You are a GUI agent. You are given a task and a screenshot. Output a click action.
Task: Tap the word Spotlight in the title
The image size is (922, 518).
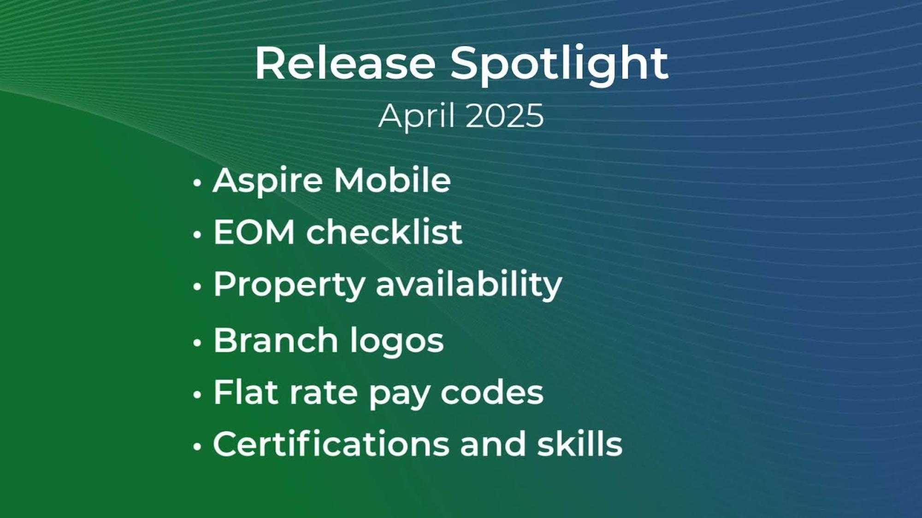(x=559, y=64)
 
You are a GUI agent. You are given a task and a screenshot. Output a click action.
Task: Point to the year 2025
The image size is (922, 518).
(x=505, y=116)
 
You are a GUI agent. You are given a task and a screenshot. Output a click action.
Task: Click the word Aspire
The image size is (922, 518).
(x=267, y=180)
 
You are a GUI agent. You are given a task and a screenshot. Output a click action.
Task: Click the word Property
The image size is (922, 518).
(x=290, y=285)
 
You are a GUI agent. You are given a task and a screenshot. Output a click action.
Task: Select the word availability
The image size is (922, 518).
(x=469, y=284)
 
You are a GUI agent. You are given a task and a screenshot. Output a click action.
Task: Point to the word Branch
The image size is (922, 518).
(x=276, y=341)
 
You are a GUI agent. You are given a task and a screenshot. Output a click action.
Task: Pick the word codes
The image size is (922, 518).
(x=492, y=393)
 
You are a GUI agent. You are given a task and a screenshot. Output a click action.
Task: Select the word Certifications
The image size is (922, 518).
(x=331, y=444)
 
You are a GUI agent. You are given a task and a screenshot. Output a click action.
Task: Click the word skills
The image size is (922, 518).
(x=579, y=444)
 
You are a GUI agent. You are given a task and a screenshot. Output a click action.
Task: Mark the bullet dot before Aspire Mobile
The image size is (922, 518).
(x=197, y=183)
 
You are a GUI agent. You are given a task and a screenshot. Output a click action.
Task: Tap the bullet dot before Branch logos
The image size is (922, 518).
(x=197, y=343)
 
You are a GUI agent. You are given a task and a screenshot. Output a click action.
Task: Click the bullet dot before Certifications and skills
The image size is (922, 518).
(x=197, y=446)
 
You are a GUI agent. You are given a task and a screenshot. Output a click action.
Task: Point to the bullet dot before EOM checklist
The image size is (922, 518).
(x=197, y=234)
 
